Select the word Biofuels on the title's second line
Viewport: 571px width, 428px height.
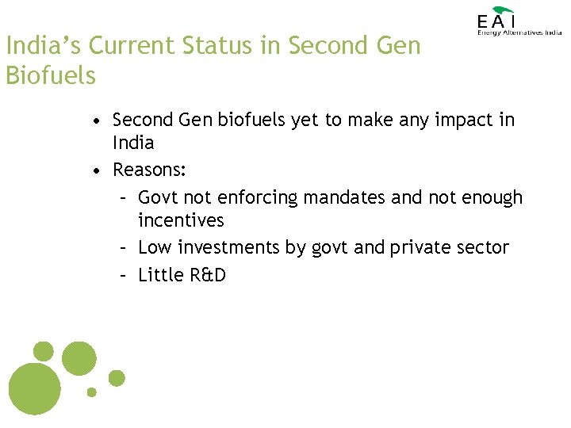51,76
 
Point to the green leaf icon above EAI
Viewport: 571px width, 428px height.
503,9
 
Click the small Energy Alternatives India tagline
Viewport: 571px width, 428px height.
519,33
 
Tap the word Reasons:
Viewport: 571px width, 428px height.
149,170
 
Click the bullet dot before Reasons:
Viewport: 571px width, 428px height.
95,171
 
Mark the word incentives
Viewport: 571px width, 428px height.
181,220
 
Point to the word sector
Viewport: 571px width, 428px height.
485,248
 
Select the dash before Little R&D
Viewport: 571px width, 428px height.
124,275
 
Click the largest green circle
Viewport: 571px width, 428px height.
33,388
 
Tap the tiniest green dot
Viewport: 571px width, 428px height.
91,392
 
